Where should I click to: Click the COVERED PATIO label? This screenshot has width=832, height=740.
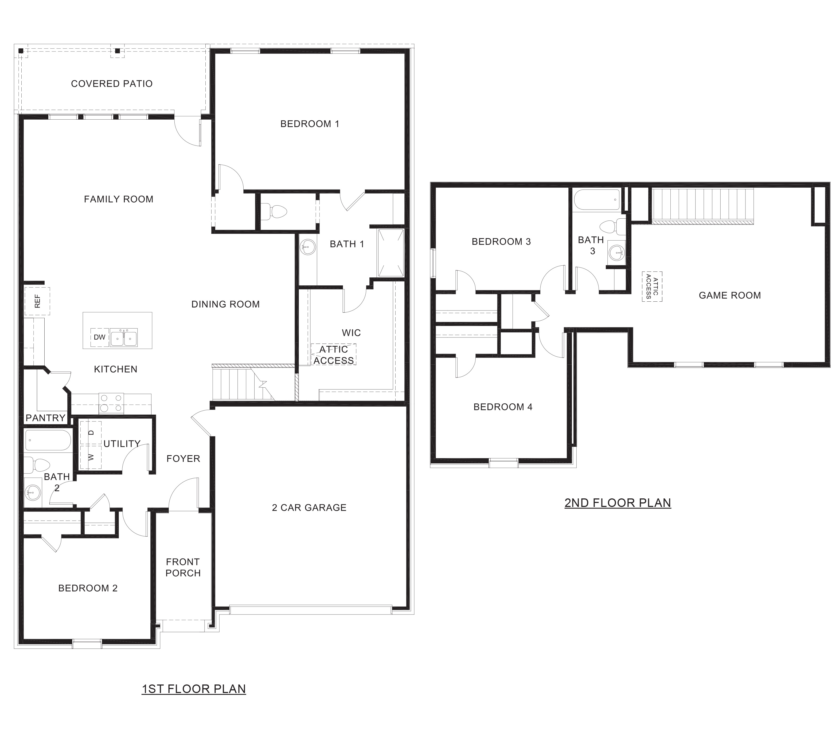112,84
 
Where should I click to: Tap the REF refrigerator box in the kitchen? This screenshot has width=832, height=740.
37,301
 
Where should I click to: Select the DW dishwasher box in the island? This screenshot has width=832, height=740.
99,337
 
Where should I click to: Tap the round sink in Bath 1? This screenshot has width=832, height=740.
308,246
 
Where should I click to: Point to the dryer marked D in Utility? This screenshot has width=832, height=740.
91,432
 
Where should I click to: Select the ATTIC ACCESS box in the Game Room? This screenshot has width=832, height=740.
652,286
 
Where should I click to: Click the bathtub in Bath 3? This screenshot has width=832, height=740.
597,200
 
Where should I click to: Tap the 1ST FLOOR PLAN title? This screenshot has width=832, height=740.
193,689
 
